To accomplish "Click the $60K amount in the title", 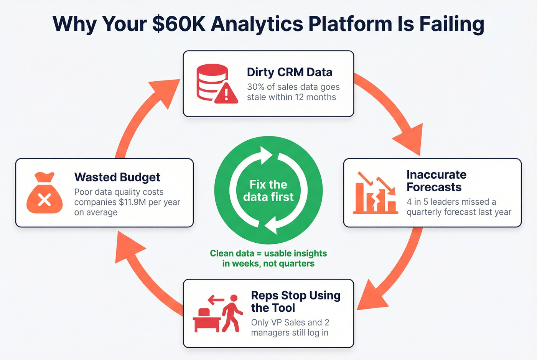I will (178, 24).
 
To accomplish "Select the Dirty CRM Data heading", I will (290, 72).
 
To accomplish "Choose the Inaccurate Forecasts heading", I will (437, 181).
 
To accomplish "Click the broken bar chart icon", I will (375, 194).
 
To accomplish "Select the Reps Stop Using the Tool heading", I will (295, 301).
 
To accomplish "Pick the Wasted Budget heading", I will (117, 177).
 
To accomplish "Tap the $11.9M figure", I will (132, 202).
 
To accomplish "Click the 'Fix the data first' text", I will (268, 191).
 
